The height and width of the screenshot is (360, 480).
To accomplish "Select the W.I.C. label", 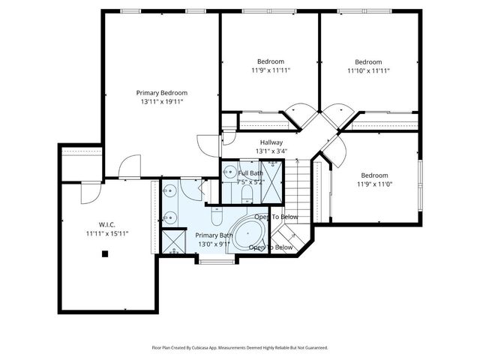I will (105, 224).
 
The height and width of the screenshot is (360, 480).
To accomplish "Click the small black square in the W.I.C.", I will (105, 253).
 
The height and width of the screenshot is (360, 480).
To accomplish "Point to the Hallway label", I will (271, 142).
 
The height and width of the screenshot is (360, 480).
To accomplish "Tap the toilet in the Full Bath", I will (246, 194).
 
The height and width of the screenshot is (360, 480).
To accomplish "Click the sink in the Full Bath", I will (228, 172).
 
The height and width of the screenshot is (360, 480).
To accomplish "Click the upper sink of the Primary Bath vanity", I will (171, 189).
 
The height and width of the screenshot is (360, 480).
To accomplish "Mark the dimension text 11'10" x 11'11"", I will (368, 70).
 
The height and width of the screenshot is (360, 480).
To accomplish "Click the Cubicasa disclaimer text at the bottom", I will (240, 348).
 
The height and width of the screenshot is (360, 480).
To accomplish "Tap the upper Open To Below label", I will (276, 217).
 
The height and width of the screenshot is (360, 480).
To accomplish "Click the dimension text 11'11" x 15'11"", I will (106, 233).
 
